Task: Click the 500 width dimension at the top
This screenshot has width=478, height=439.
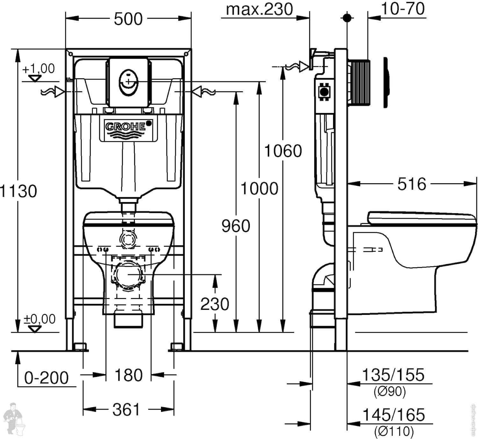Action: click(x=128, y=19)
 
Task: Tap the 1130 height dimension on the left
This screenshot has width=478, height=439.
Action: click(x=18, y=191)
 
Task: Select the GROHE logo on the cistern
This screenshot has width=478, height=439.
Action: click(x=126, y=126)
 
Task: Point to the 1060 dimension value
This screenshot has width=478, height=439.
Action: click(x=283, y=151)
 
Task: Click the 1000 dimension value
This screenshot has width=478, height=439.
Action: click(x=259, y=188)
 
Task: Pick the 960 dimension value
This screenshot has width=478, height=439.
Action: click(x=236, y=226)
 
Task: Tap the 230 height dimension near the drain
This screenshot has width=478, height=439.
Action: click(x=215, y=304)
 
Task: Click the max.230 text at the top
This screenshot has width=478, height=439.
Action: click(x=259, y=10)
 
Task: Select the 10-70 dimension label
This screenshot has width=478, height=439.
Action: click(x=403, y=9)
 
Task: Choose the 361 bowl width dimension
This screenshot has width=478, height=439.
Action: click(x=126, y=410)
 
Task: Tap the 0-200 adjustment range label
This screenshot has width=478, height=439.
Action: click(x=47, y=378)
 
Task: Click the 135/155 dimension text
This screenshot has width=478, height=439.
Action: click(x=393, y=375)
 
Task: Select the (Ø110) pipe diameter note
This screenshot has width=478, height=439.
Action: click(x=394, y=431)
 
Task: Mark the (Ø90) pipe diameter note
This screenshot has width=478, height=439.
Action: click(x=390, y=391)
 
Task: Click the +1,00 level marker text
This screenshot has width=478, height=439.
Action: click(x=38, y=69)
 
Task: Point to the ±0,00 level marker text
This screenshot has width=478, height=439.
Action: click(x=40, y=319)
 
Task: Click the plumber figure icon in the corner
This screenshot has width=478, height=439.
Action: click(x=14, y=418)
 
